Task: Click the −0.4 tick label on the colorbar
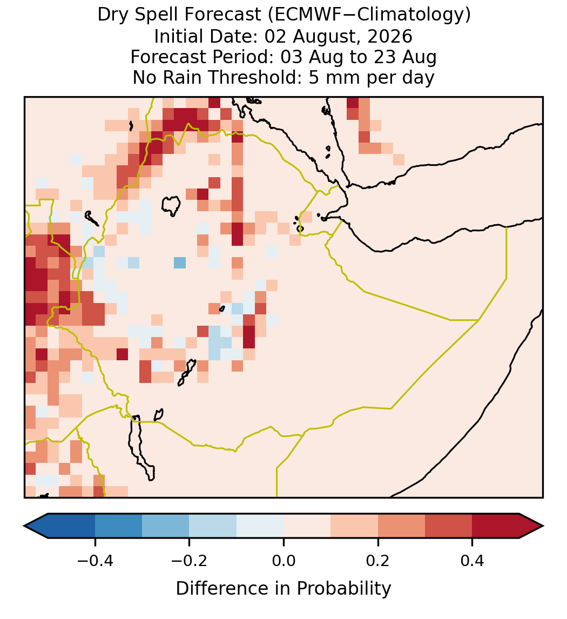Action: pyautogui.click(x=95, y=561)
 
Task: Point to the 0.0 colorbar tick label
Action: pyautogui.click(x=283, y=561)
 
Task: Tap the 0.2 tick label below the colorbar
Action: pyautogui.click(x=378, y=561)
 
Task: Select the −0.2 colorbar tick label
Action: pyautogui.click(x=190, y=561)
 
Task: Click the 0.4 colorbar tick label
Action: pyautogui.click(x=473, y=561)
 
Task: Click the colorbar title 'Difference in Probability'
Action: pyautogui.click(x=283, y=589)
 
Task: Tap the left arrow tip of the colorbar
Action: pyautogui.click(x=24, y=526)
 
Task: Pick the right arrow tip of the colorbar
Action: pyautogui.click(x=543, y=526)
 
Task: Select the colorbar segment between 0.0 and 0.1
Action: pyautogui.click(x=307, y=526)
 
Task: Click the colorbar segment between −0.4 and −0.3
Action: pyautogui.click(x=118, y=526)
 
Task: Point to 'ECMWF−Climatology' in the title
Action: pyautogui.click(x=369, y=15)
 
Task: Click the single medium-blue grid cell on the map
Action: pyautogui.click(x=180, y=263)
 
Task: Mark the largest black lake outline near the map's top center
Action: pyautogui.click(x=171, y=206)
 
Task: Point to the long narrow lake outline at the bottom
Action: pyautogui.click(x=141, y=447)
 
